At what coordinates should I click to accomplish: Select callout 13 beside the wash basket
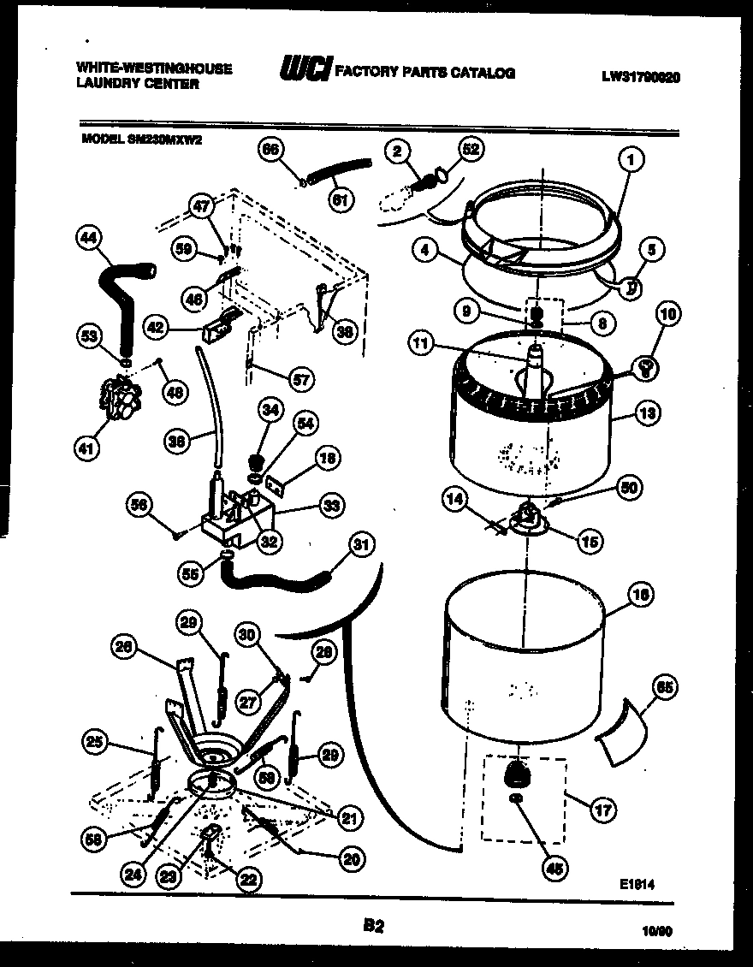(647, 414)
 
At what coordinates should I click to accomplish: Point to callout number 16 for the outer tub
(641, 593)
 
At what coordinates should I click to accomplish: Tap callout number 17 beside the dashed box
(603, 809)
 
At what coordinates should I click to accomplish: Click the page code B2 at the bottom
(373, 924)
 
